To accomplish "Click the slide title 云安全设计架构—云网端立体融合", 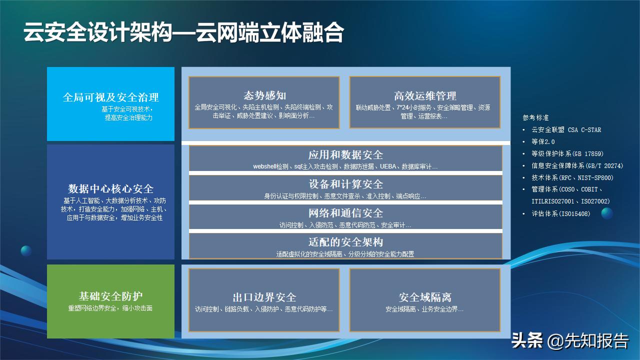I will click(183, 33).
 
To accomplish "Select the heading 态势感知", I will click(264, 95).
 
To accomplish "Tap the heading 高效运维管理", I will click(424, 95).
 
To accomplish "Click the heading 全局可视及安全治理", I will click(110, 97).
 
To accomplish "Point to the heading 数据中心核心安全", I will click(110, 188).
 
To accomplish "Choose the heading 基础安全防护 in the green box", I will click(110, 296).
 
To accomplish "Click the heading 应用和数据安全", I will click(345, 155).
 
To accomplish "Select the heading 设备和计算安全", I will click(345, 184).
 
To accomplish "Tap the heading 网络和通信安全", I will click(345, 213).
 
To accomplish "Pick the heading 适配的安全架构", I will click(345, 242).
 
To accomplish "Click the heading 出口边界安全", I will click(264, 297).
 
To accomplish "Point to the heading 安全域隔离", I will click(424, 297).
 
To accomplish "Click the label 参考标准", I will click(535, 118).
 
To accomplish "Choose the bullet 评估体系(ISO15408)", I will click(560, 214).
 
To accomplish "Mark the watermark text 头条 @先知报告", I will click(569, 341).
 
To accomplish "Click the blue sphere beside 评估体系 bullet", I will click(606, 213).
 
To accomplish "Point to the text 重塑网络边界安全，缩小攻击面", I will click(110, 308).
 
